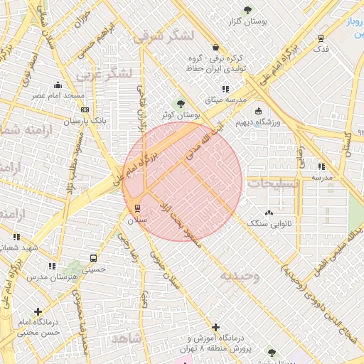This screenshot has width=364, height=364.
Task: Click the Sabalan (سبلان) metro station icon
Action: click(137, 208)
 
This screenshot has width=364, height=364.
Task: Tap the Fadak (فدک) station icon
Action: click(321, 38)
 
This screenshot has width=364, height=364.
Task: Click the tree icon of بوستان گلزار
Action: click(247, 10)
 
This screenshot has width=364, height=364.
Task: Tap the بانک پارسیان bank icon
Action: click(85, 109)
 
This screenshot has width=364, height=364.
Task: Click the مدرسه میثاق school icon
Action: click(225, 89)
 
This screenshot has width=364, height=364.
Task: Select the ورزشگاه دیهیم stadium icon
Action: click(257, 111)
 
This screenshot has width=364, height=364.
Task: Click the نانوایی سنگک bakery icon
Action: click(268, 213)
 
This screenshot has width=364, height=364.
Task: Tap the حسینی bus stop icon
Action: click(93, 258)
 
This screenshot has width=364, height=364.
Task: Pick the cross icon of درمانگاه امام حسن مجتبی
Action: click(38, 311)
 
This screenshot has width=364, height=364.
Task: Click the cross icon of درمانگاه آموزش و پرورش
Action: click(216, 327)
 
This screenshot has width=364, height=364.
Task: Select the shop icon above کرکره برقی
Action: click(215, 48)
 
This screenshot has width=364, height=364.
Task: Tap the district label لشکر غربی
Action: click(108, 73)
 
